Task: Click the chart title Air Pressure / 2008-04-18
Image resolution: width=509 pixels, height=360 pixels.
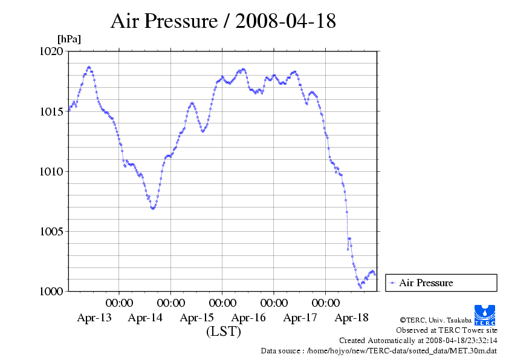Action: click(223, 21)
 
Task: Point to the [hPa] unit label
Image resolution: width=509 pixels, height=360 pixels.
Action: click(69, 39)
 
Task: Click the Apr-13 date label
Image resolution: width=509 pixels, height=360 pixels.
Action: click(94, 318)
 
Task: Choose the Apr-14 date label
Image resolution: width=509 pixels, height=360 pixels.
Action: click(145, 318)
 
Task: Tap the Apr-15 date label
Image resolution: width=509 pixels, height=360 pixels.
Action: click(197, 318)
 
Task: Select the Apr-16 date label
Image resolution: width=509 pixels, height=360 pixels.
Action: click(248, 318)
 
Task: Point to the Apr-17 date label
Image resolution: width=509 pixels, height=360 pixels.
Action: click(300, 318)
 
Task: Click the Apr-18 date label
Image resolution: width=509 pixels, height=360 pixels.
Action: click(352, 318)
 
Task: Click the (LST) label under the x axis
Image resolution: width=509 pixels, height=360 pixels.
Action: click(224, 332)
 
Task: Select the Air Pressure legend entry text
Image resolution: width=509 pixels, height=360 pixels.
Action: click(426, 283)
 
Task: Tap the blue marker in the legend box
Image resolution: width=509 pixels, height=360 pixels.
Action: click(393, 283)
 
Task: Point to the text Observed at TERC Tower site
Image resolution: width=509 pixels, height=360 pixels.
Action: click(447, 330)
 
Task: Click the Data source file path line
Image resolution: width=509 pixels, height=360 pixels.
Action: click(379, 350)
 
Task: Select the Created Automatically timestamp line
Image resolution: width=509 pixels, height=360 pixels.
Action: click(418, 341)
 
